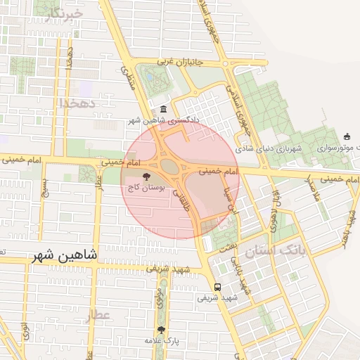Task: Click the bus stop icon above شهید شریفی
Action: pyautogui.click(x=217, y=287)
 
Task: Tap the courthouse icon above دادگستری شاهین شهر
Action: pyautogui.click(x=163, y=109)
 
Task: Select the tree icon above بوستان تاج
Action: pyautogui.click(x=146, y=177)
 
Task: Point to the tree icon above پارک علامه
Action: pyautogui.click(x=162, y=329)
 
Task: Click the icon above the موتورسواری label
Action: pyautogui.click(x=346, y=137)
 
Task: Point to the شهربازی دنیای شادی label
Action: pyautogui.click(x=267, y=149)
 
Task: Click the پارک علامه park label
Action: pyautogui.click(x=163, y=341)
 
